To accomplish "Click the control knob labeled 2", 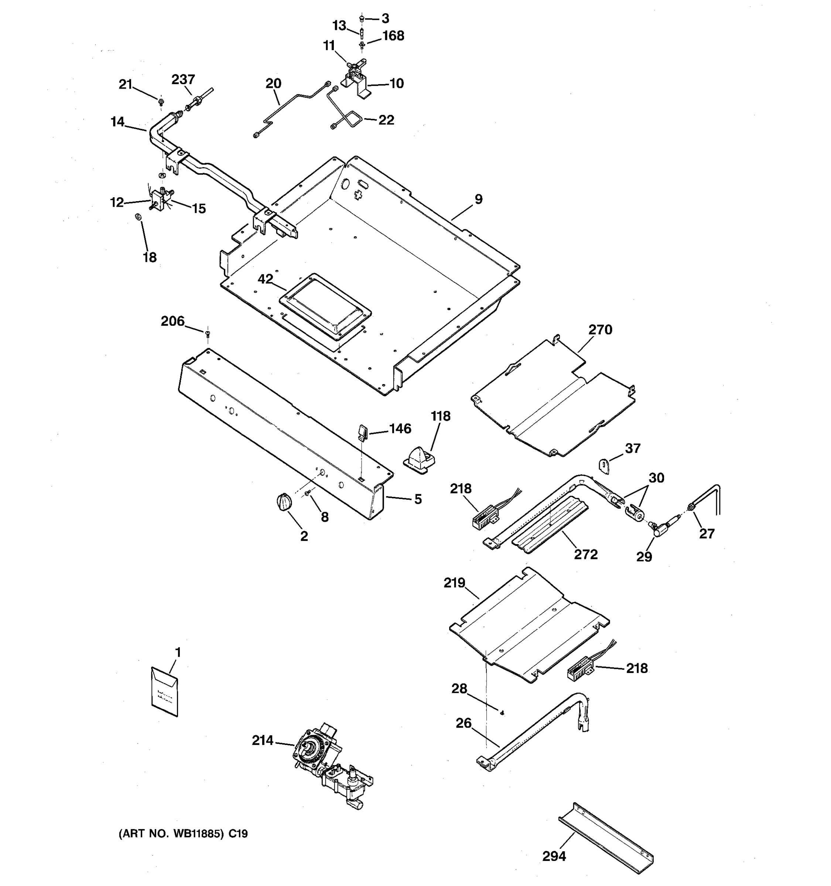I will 284,502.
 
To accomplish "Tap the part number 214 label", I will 263,740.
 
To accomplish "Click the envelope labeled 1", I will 164,691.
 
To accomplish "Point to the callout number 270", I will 600,330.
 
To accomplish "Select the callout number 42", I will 265,279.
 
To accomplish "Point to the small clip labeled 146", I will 362,432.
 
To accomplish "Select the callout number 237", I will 183,80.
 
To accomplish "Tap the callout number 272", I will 585,554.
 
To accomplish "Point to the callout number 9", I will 478,199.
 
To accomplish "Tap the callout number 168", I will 393,36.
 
